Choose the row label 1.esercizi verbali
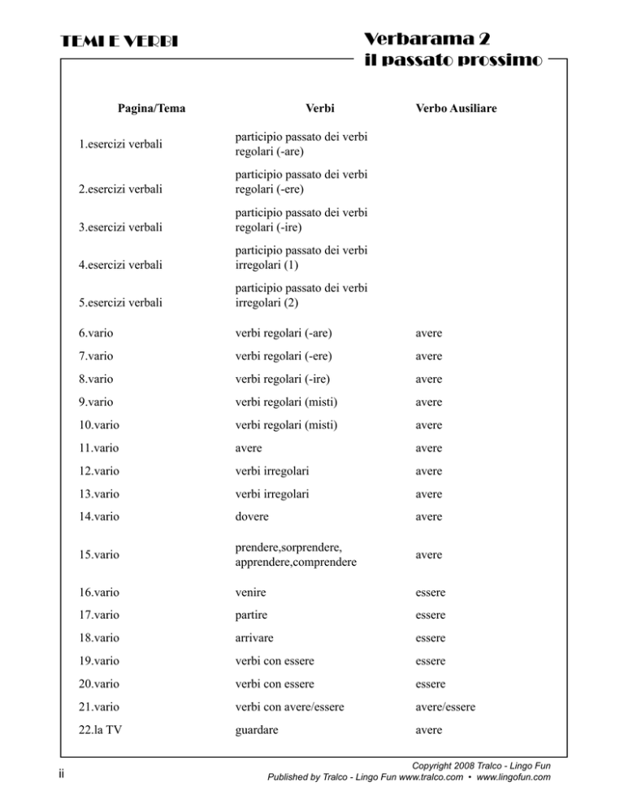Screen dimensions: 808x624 tap(119, 146)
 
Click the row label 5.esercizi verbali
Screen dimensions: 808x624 tap(120, 302)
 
